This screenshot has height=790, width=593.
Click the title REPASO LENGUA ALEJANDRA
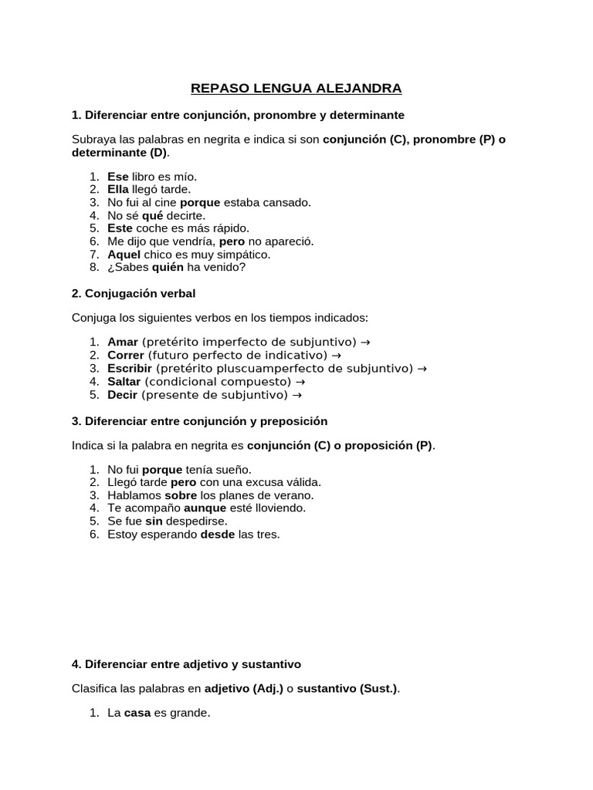tap(296, 89)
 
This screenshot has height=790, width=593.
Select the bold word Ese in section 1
tap(117, 177)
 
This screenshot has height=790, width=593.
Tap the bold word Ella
tap(117, 189)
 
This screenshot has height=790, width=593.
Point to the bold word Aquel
tap(124, 254)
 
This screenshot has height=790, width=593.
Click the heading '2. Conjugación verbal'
tap(133, 293)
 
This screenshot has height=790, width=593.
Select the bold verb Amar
tap(123, 342)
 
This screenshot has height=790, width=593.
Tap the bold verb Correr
tap(126, 355)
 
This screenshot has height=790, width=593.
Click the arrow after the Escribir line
tap(422, 369)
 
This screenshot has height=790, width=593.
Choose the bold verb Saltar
tap(124, 381)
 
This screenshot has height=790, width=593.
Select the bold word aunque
tap(205, 508)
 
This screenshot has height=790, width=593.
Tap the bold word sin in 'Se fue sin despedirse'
tap(153, 521)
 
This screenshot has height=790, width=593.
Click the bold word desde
tap(217, 534)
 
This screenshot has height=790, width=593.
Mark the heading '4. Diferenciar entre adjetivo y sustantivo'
tap(186, 663)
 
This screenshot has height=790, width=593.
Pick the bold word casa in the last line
tap(137, 714)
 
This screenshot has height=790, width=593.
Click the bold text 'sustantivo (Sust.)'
tap(347, 688)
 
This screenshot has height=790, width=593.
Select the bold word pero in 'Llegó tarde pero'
tap(184, 482)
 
